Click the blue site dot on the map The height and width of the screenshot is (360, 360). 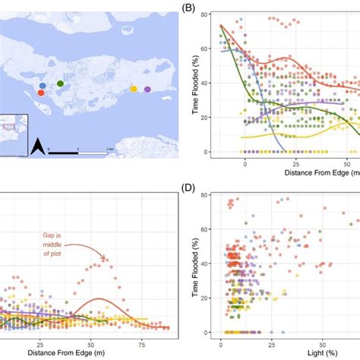[43, 84]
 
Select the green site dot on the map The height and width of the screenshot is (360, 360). [60, 83]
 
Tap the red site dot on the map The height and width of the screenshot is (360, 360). [41, 93]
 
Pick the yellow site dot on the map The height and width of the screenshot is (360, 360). [134, 89]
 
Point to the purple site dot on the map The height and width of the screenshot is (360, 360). [147, 90]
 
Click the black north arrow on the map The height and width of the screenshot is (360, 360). [37, 144]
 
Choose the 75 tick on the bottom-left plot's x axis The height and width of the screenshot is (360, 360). [141, 343]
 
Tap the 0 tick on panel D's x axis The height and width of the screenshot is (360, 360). [221, 343]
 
